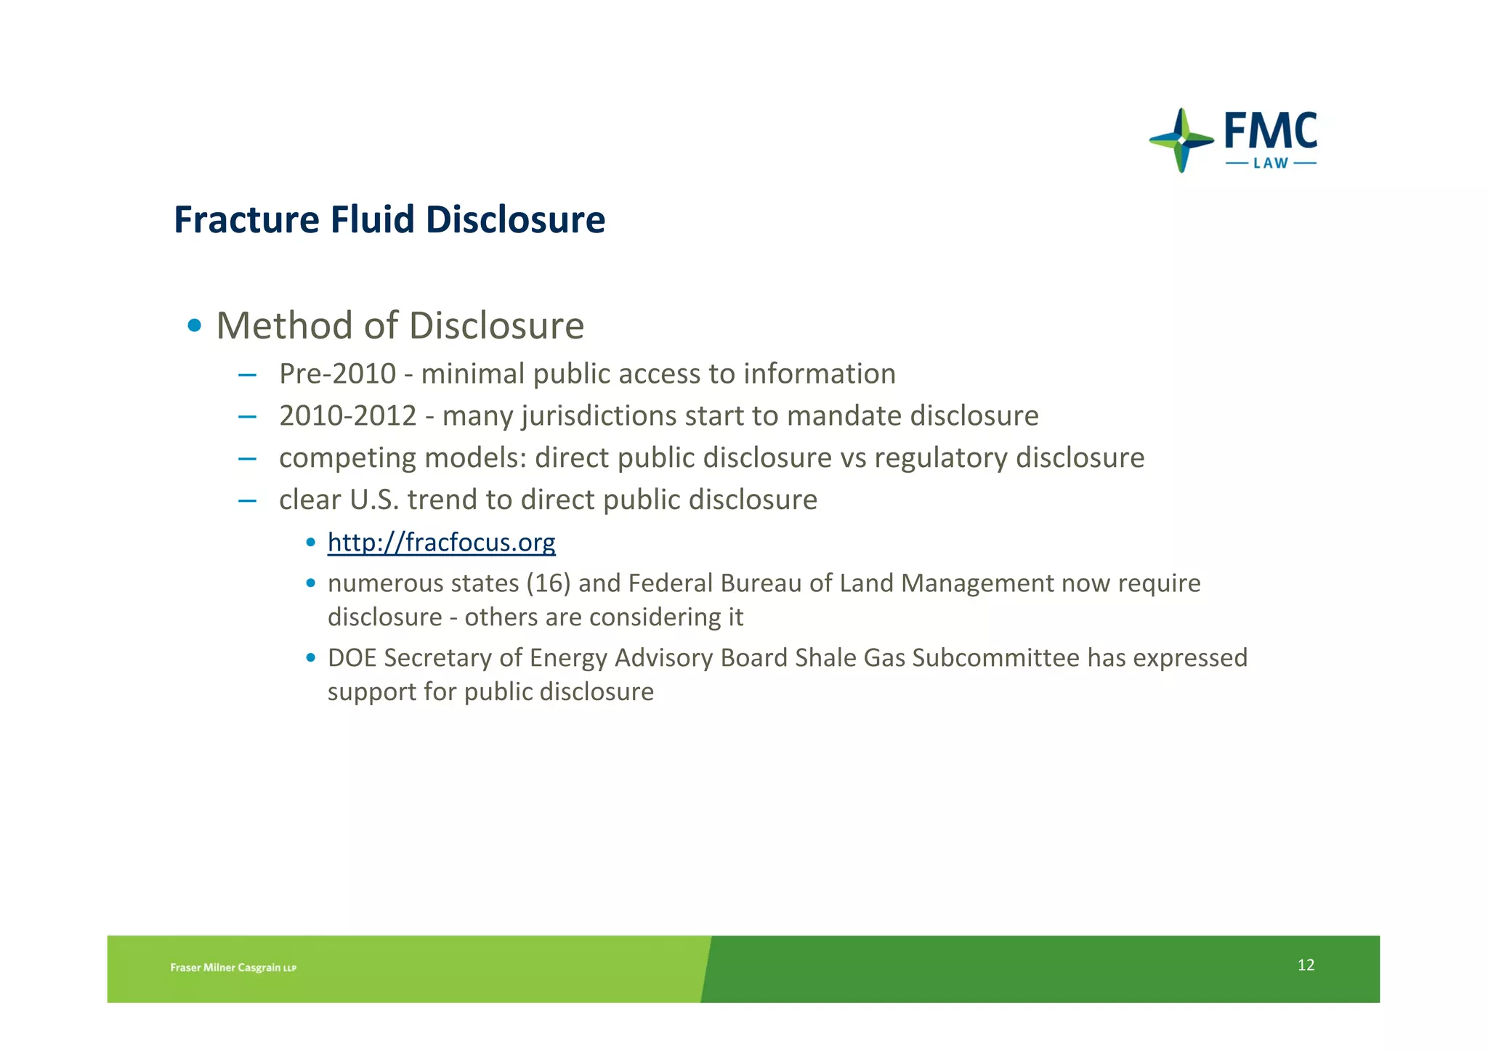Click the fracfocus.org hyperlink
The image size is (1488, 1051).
pyautogui.click(x=441, y=543)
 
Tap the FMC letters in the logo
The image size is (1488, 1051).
pyautogui.click(x=1270, y=131)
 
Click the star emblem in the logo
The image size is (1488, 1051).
pyautogui.click(x=1181, y=140)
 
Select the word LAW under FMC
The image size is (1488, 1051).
pyautogui.click(x=1271, y=163)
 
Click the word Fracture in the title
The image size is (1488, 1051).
pyautogui.click(x=247, y=220)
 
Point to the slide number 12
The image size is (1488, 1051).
pyautogui.click(x=1306, y=965)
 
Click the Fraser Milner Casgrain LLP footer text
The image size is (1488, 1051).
pyautogui.click(x=233, y=967)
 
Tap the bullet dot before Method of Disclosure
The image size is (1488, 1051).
pyautogui.click(x=194, y=325)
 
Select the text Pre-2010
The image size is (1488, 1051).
pyautogui.click(x=337, y=374)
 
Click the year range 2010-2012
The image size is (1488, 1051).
pyautogui.click(x=347, y=416)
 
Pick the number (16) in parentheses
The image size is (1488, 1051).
pyautogui.click(x=548, y=583)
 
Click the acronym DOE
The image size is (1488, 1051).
pyautogui.click(x=352, y=658)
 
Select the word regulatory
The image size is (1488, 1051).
pyautogui.click(x=940, y=458)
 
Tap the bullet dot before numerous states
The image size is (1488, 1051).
pyautogui.click(x=311, y=583)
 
